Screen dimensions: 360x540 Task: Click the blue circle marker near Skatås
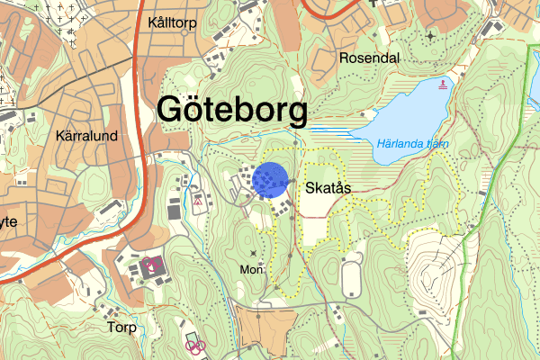(x=270, y=180)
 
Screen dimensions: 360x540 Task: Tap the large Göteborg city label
(x=232, y=110)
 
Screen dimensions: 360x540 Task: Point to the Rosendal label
(x=369, y=58)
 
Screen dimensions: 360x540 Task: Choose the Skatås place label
(x=328, y=189)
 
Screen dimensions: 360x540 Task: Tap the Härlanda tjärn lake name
(x=413, y=142)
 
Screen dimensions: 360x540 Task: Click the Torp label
(x=120, y=328)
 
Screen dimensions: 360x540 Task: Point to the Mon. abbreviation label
(x=253, y=269)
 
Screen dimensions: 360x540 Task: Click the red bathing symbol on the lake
(x=442, y=85)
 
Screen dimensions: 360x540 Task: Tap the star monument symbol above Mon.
(x=253, y=254)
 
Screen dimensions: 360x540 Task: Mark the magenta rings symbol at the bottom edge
(x=195, y=344)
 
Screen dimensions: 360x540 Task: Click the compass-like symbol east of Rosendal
(x=430, y=36)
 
